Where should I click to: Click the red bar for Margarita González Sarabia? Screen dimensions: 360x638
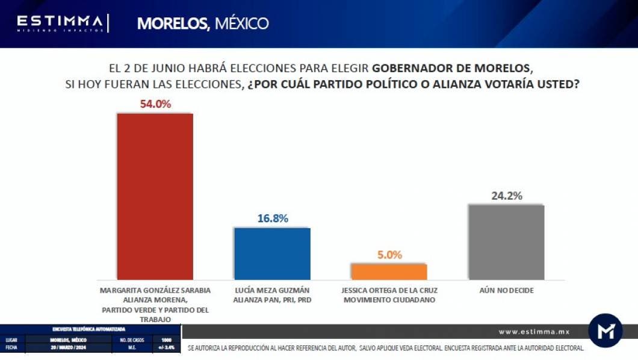click(x=155, y=196)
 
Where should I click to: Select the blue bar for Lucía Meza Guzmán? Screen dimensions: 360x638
click(x=272, y=253)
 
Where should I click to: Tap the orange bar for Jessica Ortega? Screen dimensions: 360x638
click(x=389, y=272)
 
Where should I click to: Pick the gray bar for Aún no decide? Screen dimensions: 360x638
click(x=506, y=241)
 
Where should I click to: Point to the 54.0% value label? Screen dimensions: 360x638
click(x=155, y=104)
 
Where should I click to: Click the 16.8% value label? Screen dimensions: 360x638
click(x=273, y=219)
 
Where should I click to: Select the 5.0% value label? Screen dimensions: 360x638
click(x=389, y=255)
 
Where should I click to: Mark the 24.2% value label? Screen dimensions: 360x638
click(x=506, y=196)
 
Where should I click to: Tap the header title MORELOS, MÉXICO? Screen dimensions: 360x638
click(x=202, y=23)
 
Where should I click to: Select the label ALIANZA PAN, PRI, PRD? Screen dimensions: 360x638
click(x=272, y=299)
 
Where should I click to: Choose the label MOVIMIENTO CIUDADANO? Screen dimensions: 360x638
click(x=389, y=299)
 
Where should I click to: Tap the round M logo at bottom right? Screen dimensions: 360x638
click(x=605, y=331)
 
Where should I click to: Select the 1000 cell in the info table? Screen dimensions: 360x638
click(x=166, y=340)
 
